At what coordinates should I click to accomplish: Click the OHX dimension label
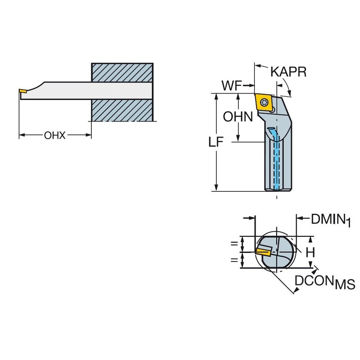coord(54,135)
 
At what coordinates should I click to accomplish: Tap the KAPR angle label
coord(288,72)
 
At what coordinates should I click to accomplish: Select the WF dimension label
coord(232,85)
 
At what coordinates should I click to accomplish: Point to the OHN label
coord(238,117)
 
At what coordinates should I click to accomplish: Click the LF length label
coord(216,142)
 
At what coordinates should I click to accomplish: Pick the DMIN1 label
coord(331,220)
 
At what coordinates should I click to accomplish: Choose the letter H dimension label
coord(310,252)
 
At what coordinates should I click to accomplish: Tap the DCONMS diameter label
coord(324,282)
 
